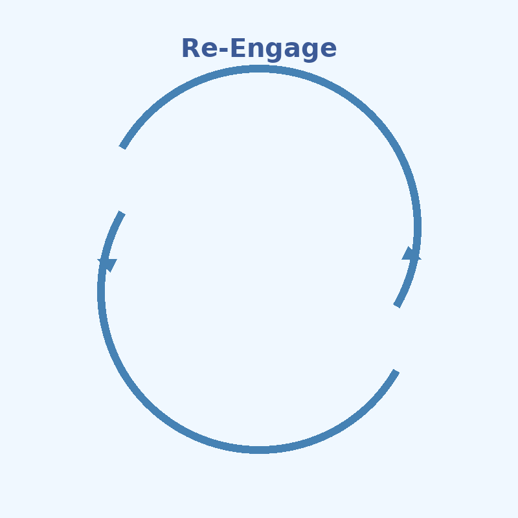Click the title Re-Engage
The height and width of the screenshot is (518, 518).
point(259,49)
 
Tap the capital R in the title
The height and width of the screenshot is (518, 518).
point(190,49)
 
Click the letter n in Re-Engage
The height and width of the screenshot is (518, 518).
point(249,51)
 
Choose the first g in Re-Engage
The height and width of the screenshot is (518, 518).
point(266,52)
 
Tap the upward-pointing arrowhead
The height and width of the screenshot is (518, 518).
point(411,253)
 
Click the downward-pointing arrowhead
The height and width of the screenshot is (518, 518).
point(107,265)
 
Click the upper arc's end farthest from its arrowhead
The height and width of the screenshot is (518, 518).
point(122,147)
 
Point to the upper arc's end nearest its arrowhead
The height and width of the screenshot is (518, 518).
point(397,306)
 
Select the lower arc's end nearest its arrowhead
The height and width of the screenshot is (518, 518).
point(121,213)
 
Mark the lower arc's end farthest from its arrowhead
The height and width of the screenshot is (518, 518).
point(396,371)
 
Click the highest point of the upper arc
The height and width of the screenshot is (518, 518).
point(259,69)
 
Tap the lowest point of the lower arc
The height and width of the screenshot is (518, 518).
point(259,449)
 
